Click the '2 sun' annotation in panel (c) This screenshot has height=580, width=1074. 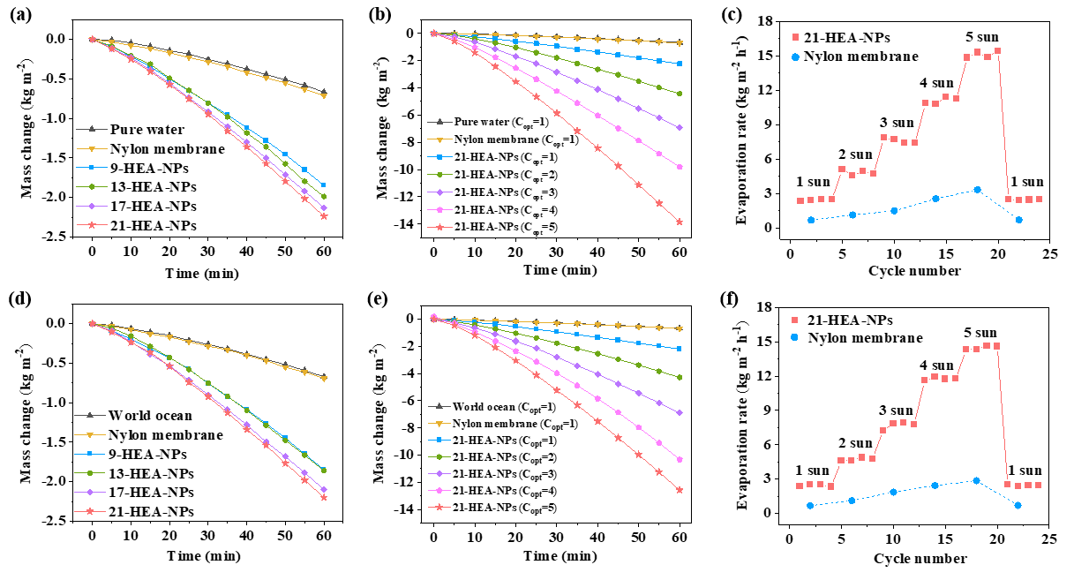click(x=853, y=154)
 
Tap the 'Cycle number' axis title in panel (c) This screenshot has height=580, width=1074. click(x=914, y=270)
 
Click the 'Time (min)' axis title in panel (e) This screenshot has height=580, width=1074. click(x=558, y=556)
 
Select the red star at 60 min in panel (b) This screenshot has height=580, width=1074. click(x=680, y=222)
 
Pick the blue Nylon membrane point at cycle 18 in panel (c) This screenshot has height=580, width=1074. click(x=977, y=190)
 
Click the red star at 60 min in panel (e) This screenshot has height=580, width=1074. click(x=680, y=490)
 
